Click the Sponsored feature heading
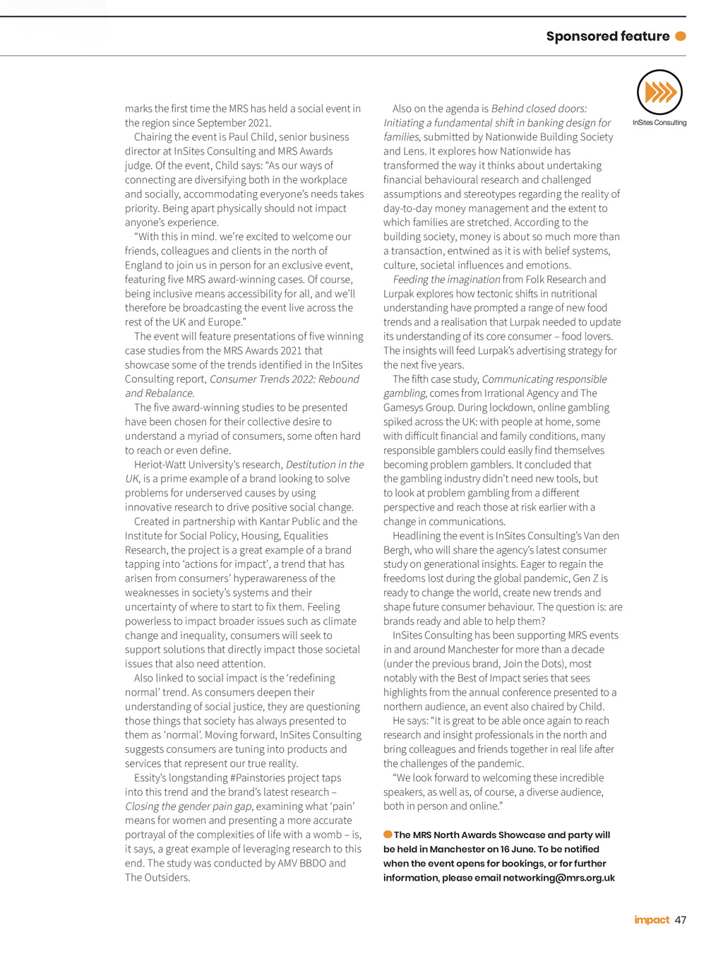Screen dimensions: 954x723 (607, 36)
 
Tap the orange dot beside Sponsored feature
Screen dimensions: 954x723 (681, 36)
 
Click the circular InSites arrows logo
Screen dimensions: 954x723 (659, 92)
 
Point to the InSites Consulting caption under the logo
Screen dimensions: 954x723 (659, 123)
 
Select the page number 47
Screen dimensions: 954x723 (681, 919)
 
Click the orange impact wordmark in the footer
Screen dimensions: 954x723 (652, 919)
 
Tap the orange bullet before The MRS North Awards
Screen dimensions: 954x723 (388, 835)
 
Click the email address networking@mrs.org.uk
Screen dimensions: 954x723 (559, 878)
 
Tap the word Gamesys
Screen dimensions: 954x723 (405, 407)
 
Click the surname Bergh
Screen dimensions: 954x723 (398, 550)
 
